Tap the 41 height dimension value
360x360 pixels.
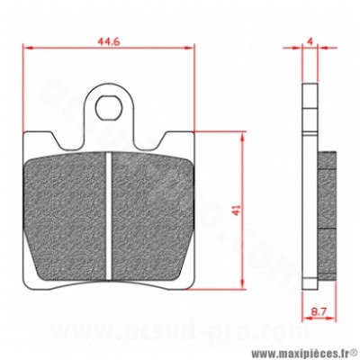235,210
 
